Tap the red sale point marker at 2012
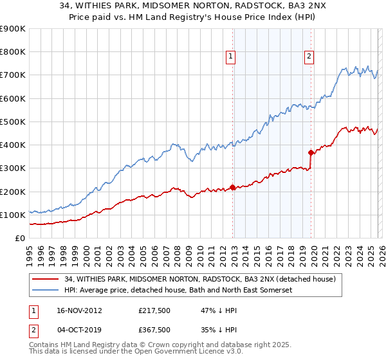[232, 188]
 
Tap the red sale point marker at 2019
[311, 153]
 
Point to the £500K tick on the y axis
[13, 122]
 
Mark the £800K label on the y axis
[13, 52]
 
